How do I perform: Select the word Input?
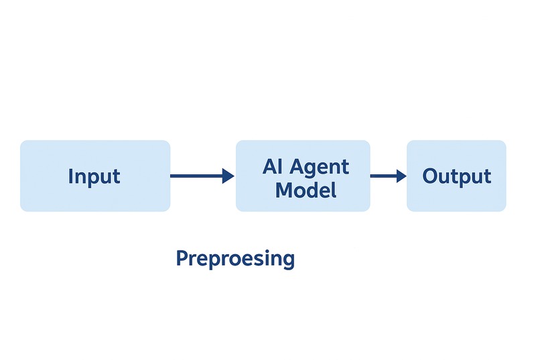(94, 177)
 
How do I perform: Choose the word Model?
(306, 190)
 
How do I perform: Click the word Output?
(456, 177)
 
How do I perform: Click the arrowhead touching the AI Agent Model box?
(228, 176)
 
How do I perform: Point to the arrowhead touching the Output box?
(401, 176)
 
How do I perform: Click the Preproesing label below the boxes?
(235, 259)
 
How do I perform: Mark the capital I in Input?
(71, 176)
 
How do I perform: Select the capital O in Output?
(430, 176)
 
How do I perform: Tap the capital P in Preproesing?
(181, 258)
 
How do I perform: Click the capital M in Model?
(284, 190)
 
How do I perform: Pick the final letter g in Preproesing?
(288, 261)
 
